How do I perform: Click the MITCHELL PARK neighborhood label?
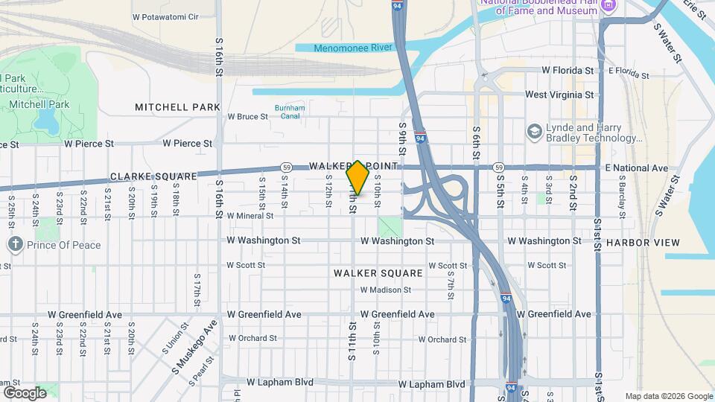[x=177, y=107]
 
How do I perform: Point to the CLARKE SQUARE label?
[x=153, y=176]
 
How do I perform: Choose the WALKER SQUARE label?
[x=378, y=273]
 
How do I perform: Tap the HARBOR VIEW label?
[x=642, y=243]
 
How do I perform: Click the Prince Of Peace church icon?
[x=15, y=244]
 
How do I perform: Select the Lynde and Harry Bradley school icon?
[x=534, y=133]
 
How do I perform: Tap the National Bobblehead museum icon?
[x=609, y=6]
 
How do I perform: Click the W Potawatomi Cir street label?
[x=165, y=16]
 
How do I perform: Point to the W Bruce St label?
[x=247, y=117]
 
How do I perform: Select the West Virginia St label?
[x=559, y=95]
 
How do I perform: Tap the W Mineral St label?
[x=250, y=216]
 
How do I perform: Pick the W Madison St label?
[x=386, y=290]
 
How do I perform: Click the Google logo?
[x=25, y=392]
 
